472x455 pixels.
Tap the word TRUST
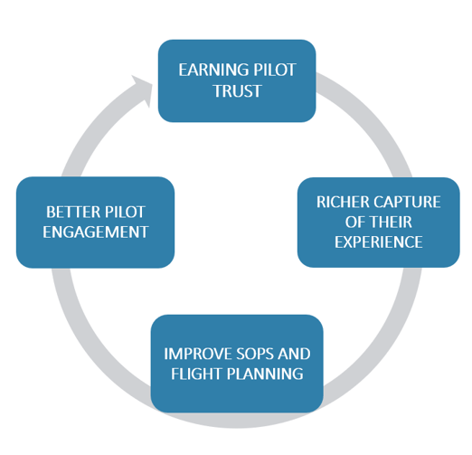pos(237,92)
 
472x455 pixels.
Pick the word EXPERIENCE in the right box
pos(378,242)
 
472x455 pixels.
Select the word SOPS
pos(264,353)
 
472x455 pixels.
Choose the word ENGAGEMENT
pos(95,232)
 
